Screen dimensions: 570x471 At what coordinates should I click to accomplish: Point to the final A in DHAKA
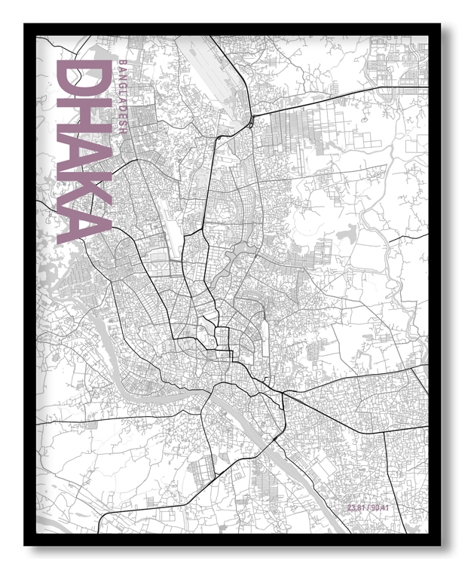(x=83, y=223)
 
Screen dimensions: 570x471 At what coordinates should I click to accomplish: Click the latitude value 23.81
(x=357, y=508)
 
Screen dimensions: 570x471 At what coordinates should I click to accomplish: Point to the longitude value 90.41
(x=381, y=508)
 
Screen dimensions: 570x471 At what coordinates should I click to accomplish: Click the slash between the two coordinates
(x=369, y=508)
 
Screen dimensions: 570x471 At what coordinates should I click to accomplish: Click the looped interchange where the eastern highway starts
(x=249, y=122)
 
